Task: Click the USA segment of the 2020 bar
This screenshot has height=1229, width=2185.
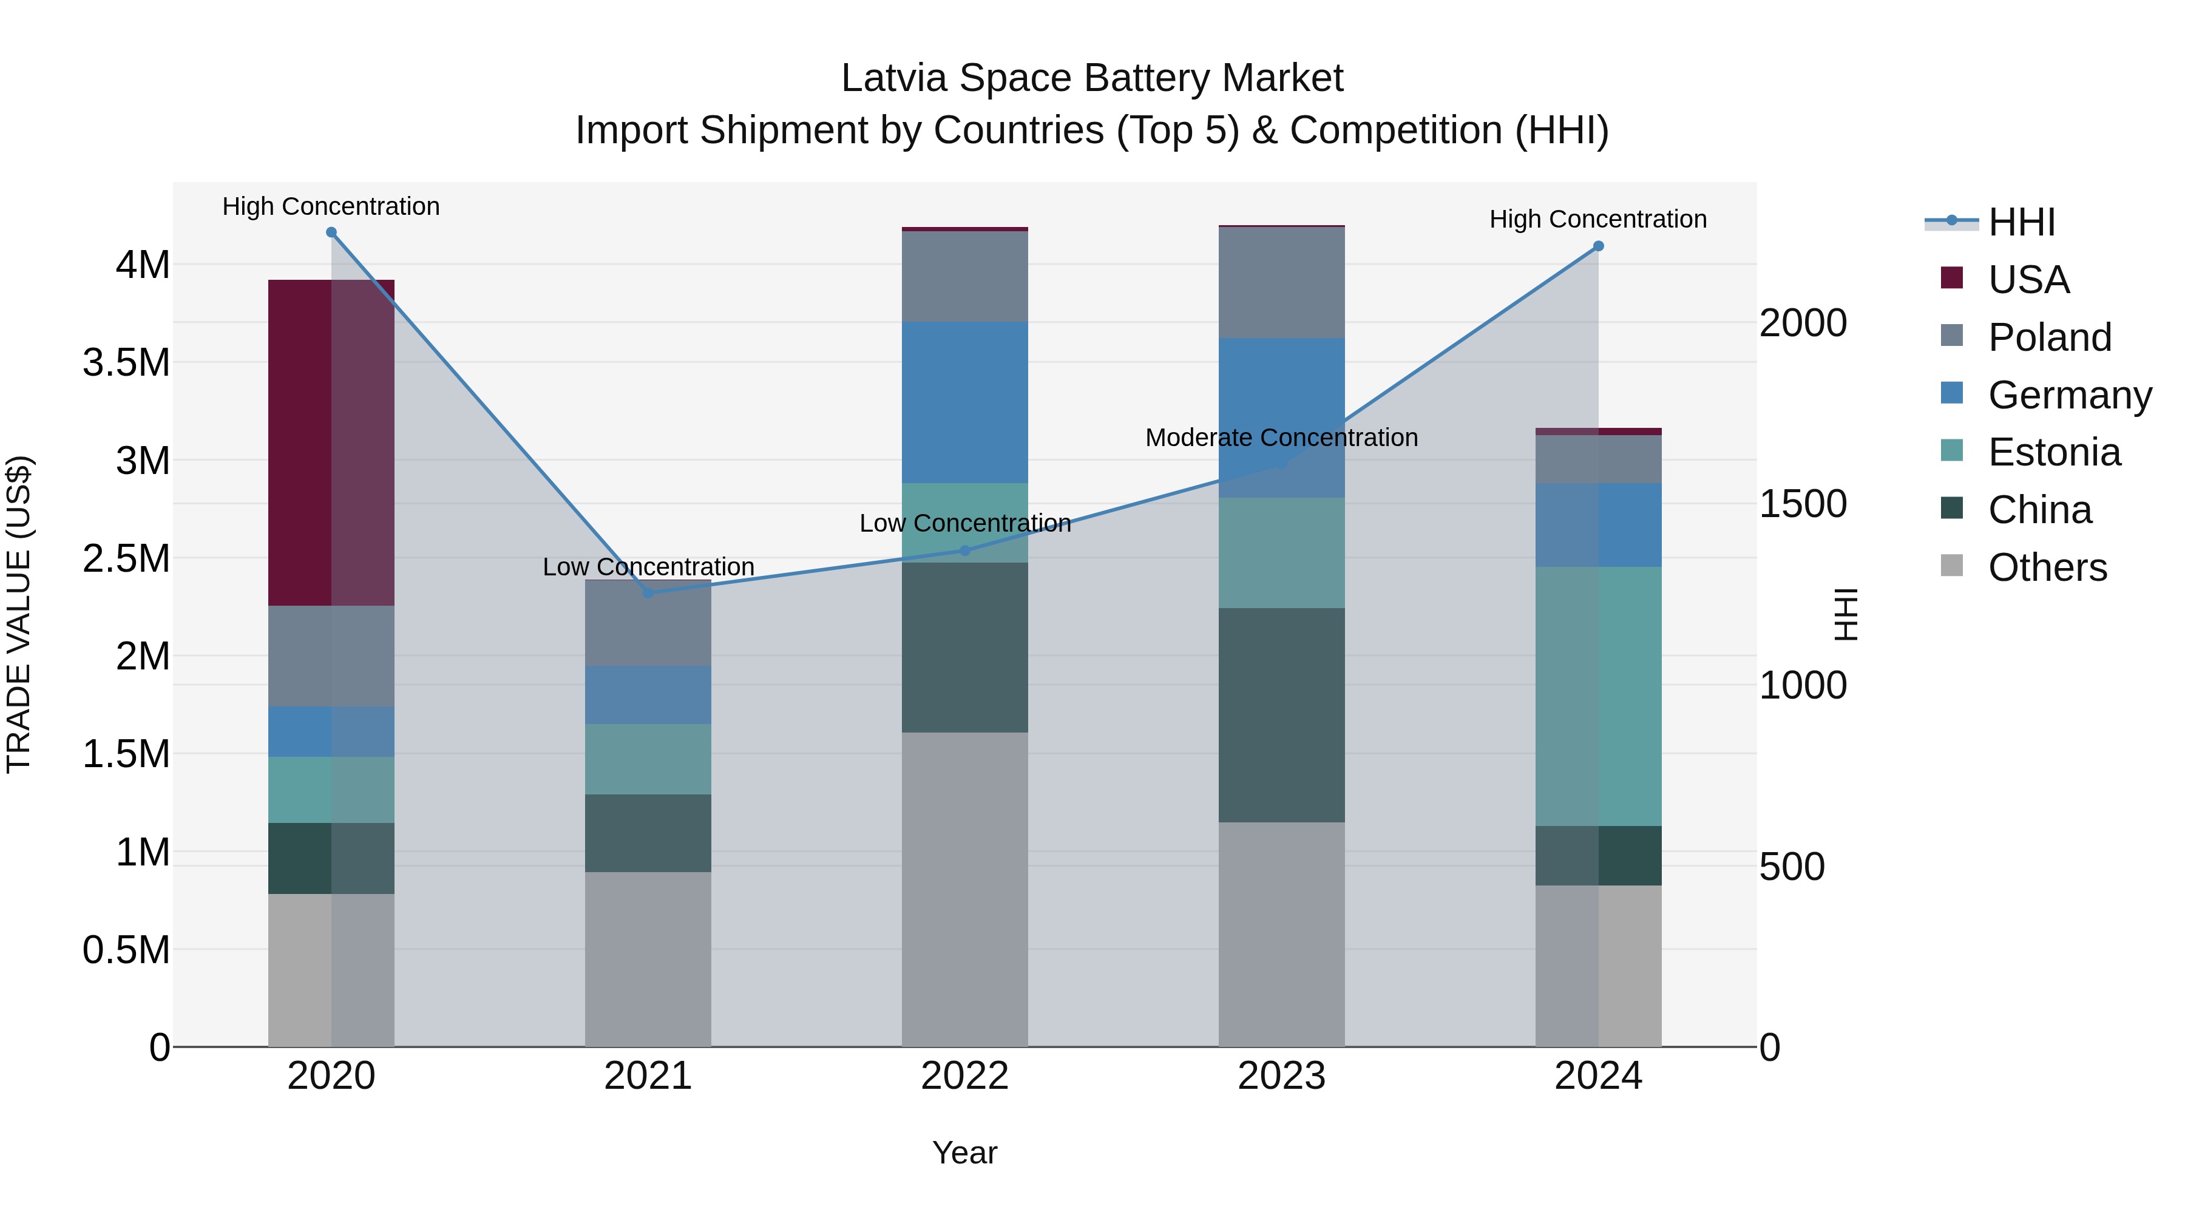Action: tap(331, 442)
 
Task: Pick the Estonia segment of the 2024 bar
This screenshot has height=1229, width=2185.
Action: tap(1598, 696)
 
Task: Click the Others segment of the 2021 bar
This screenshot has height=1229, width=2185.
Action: tap(648, 958)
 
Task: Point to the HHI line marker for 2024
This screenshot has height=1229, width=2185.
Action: tap(1598, 246)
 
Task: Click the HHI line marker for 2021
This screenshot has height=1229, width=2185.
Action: tap(648, 593)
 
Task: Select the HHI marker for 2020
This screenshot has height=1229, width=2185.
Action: tap(331, 232)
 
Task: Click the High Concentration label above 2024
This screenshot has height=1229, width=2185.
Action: tap(1598, 219)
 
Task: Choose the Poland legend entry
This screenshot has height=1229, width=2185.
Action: tap(2048, 337)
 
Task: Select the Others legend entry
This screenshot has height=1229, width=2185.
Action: tap(2047, 567)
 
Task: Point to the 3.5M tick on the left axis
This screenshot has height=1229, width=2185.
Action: tap(126, 363)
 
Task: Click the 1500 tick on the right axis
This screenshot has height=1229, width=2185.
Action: tap(1803, 504)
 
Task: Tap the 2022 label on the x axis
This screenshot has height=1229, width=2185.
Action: tap(964, 1076)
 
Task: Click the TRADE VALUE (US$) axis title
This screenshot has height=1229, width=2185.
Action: tap(19, 614)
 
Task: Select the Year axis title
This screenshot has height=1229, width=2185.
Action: tap(964, 1153)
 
